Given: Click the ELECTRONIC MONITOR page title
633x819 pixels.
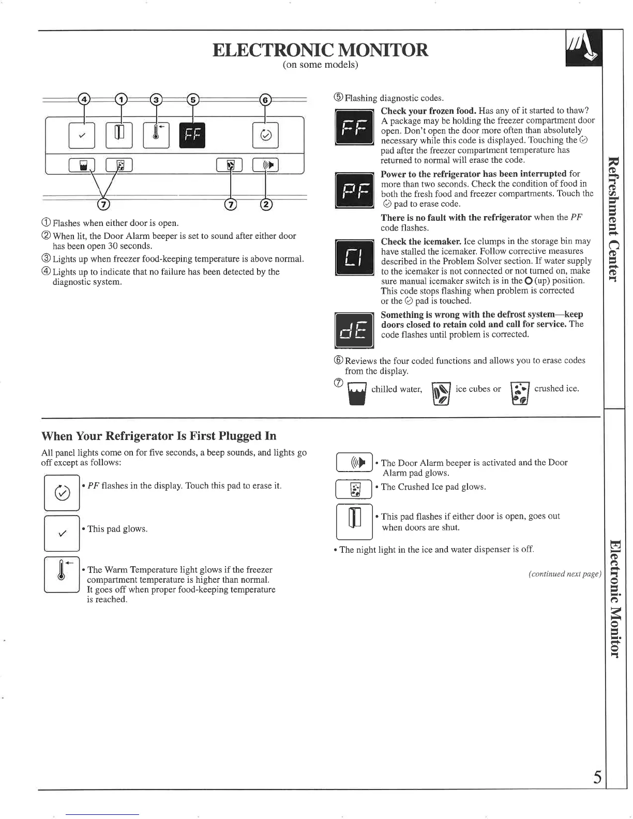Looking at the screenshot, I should pos(321,50).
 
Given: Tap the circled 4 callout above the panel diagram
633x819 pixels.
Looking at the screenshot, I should pos(84,100).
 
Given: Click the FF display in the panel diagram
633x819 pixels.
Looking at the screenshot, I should pos(192,135).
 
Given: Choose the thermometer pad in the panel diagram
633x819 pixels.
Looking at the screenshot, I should pos(156,135).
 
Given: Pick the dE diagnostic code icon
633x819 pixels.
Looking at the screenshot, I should pos(354,331).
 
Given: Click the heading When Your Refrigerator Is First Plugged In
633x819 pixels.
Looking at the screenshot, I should pos(159,435).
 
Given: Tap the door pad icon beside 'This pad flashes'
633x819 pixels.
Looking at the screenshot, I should pos(354,521).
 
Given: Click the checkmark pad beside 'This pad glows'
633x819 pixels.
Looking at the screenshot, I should pos(62,533).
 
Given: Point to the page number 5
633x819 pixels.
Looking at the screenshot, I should pos(597,777).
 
